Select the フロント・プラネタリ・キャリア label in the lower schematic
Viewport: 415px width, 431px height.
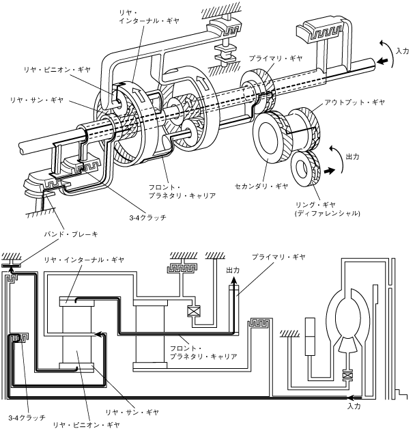point(203,352)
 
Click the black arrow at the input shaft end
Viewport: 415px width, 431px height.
point(386,61)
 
